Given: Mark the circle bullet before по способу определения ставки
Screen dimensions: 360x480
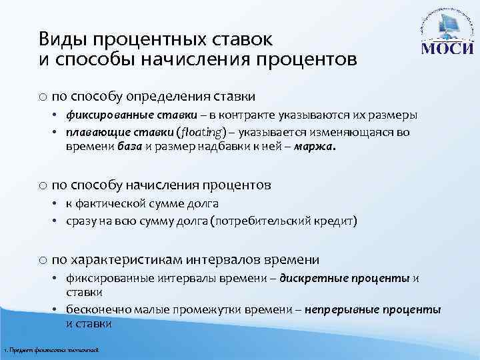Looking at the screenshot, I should pyautogui.click(x=43, y=97).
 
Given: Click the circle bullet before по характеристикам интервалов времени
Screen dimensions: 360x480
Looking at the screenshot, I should pyautogui.click(x=43, y=259).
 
